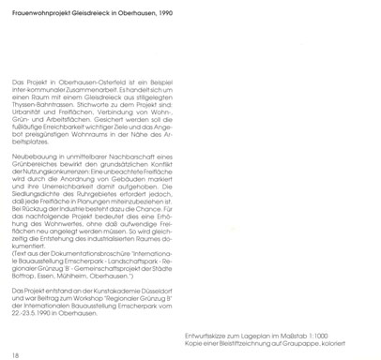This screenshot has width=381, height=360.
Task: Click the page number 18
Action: (15, 327)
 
